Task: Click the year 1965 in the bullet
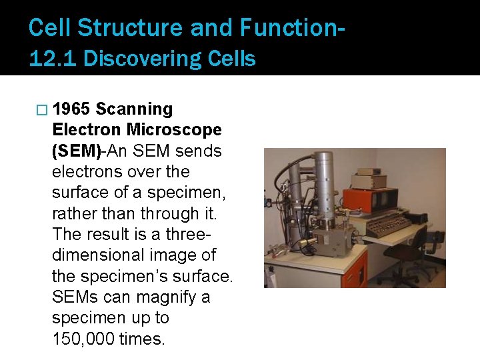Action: click(72, 109)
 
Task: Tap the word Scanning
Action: click(135, 109)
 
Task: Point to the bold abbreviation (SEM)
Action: click(76, 151)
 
